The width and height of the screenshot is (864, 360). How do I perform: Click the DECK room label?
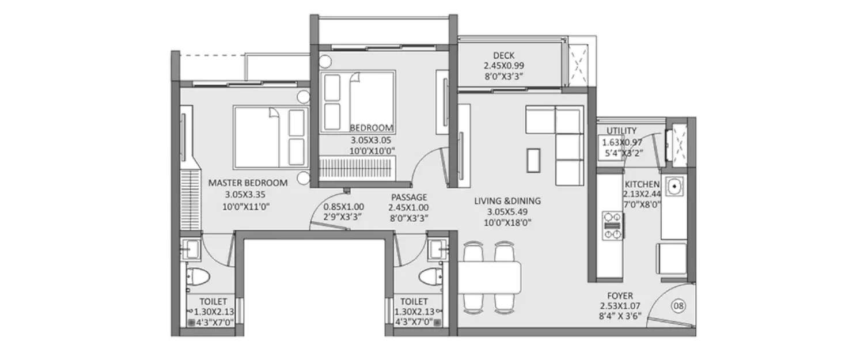click(x=503, y=55)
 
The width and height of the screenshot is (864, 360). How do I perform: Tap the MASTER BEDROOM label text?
click(x=248, y=183)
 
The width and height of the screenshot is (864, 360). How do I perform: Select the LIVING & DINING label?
click(x=507, y=201)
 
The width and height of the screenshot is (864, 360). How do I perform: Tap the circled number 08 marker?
click(x=680, y=306)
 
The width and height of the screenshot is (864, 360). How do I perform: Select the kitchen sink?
click(x=674, y=187)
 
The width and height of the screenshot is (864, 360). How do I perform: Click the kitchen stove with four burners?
click(x=612, y=225)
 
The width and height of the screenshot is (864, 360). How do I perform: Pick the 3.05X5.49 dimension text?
click(x=507, y=211)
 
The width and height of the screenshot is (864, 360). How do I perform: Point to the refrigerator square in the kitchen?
click(x=672, y=257)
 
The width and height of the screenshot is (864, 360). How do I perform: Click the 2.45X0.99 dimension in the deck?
click(x=503, y=66)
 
